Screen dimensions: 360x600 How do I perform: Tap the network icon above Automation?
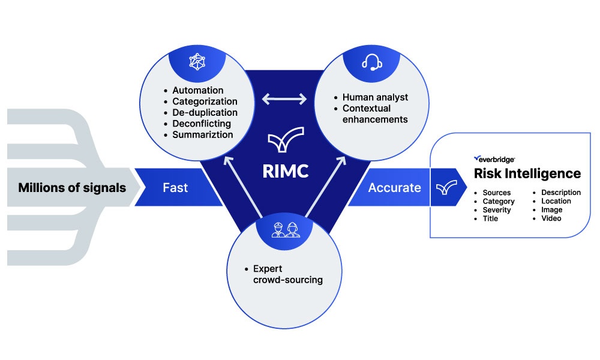tap(197, 62)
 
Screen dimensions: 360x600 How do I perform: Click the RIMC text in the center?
tap(286, 171)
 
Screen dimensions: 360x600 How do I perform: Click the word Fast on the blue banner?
tap(175, 188)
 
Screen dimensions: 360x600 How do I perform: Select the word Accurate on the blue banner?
tap(394, 188)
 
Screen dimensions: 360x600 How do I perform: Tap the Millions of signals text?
tap(72, 188)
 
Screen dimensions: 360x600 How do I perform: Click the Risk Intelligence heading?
tap(527, 173)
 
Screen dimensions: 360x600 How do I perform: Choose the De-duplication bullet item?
tap(205, 113)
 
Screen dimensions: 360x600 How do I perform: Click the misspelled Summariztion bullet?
tap(202, 134)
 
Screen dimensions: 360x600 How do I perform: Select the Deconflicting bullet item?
tap(202, 124)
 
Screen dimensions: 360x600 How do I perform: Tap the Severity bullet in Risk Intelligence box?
tap(496, 210)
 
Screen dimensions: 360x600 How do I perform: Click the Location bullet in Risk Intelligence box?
tap(556, 201)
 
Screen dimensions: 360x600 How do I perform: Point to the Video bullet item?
tap(551, 218)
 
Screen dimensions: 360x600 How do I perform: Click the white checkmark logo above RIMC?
tap(286, 142)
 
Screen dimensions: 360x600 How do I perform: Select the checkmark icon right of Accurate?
tap(445, 188)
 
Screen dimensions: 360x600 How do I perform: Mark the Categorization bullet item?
tap(205, 101)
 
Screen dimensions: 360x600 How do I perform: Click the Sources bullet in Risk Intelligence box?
tap(496, 193)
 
